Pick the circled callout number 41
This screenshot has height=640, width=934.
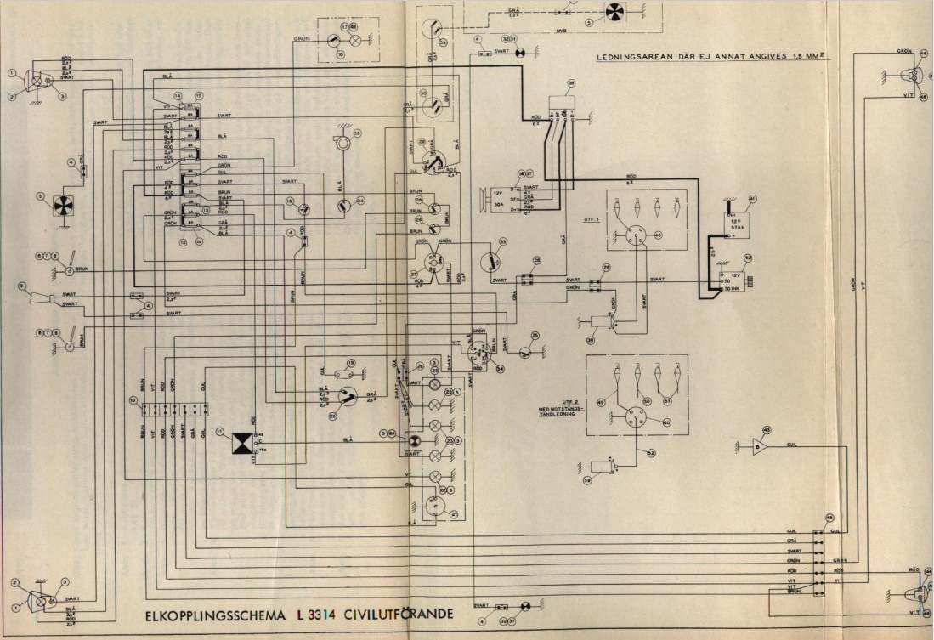(750, 201)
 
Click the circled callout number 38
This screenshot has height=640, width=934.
(571, 83)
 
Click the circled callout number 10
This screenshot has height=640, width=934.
(133, 399)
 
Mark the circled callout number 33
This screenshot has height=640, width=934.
(503, 242)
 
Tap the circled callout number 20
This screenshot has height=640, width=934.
(333, 416)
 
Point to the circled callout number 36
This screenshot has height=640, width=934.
(535, 336)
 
